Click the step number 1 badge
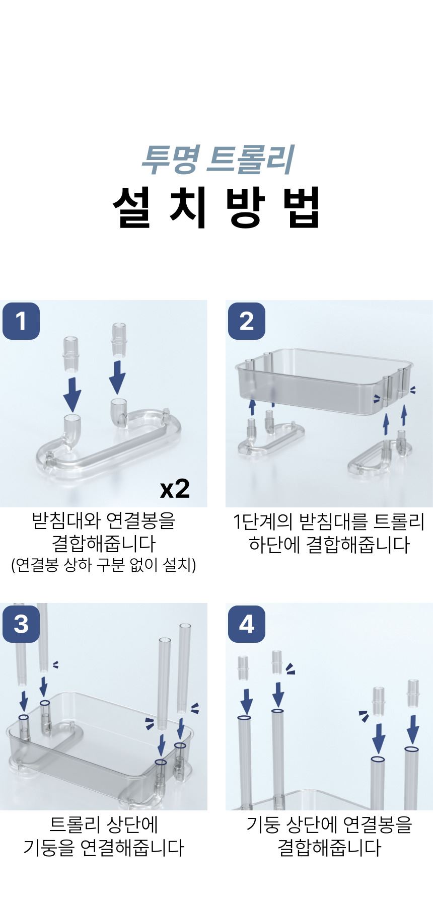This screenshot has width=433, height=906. [x=21, y=321]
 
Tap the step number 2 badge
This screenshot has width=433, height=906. [x=247, y=321]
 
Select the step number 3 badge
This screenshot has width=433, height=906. [x=21, y=624]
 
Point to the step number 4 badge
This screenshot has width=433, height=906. [x=247, y=624]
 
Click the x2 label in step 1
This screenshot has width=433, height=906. [x=175, y=488]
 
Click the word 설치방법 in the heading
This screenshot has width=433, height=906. [x=216, y=207]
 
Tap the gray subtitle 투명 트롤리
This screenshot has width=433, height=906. [x=217, y=159]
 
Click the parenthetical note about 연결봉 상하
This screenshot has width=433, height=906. [x=103, y=565]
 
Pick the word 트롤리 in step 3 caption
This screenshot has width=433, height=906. [x=73, y=824]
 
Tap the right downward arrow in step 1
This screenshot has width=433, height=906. [x=118, y=376]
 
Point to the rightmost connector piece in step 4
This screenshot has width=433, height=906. [x=413, y=692]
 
